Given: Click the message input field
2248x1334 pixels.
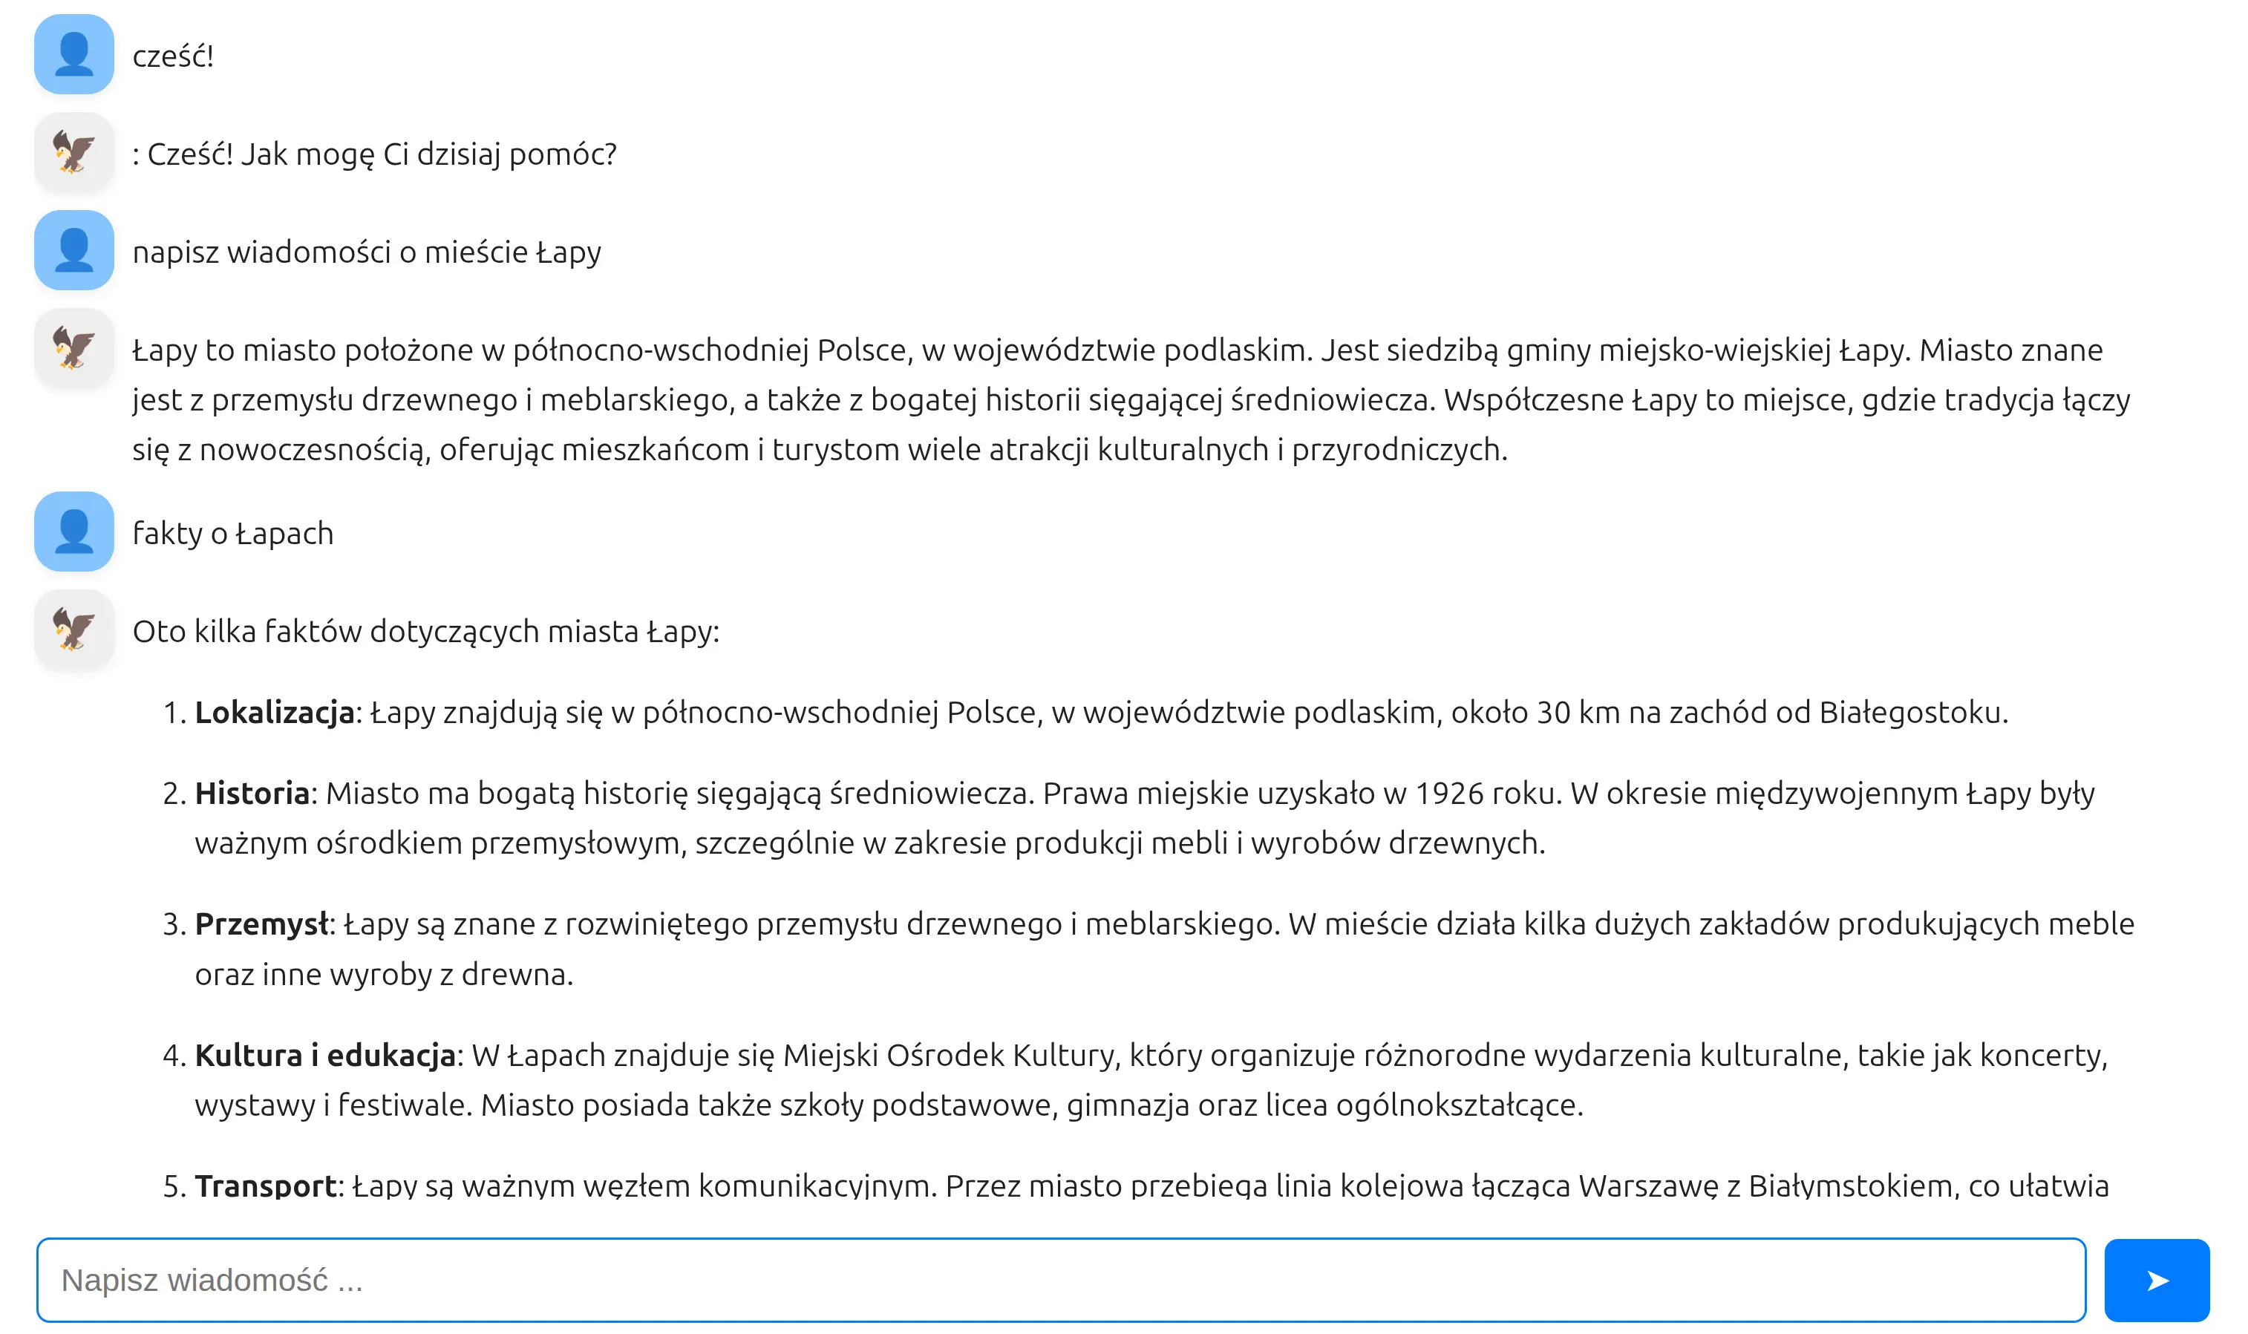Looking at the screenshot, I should (1061, 1279).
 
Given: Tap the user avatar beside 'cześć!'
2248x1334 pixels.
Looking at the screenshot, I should (73, 54).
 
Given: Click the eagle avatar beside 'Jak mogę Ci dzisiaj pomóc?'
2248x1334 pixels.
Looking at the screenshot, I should (73, 152).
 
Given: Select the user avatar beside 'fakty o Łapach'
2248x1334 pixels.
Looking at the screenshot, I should (73, 532).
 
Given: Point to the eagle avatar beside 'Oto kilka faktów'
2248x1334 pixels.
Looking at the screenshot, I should (73, 630).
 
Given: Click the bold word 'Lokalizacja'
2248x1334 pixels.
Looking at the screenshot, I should (274, 712).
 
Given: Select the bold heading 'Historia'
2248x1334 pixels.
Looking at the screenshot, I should (252, 793).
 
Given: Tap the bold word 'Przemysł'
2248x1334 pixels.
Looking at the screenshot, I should (261, 923).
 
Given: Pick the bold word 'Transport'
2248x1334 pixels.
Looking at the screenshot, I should (265, 1186).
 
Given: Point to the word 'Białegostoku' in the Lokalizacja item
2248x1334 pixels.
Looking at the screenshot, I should (1911, 712).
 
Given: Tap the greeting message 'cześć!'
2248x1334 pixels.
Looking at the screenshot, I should (172, 56).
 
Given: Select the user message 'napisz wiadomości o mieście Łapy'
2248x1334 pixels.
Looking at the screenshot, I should (366, 252).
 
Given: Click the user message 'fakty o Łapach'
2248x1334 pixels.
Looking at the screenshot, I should (233, 533).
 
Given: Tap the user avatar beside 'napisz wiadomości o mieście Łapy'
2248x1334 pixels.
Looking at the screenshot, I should (73, 250).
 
